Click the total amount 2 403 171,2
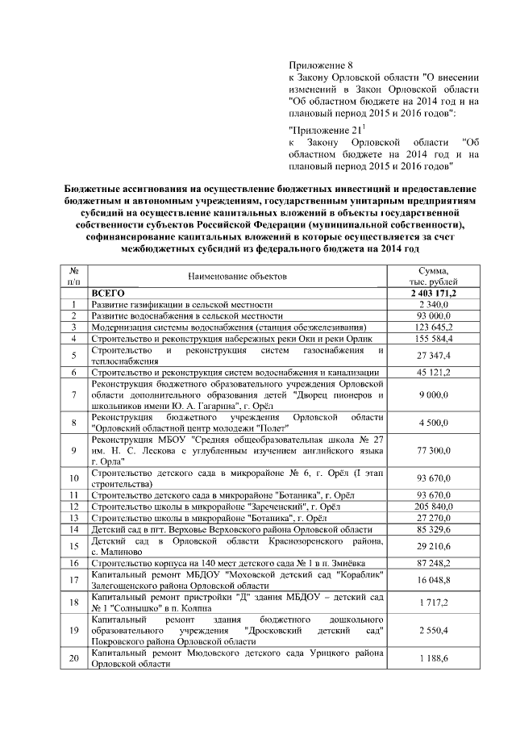[x=434, y=293]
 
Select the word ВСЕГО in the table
[x=108, y=293]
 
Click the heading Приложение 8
[x=321, y=62]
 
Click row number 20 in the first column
[x=73, y=659]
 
